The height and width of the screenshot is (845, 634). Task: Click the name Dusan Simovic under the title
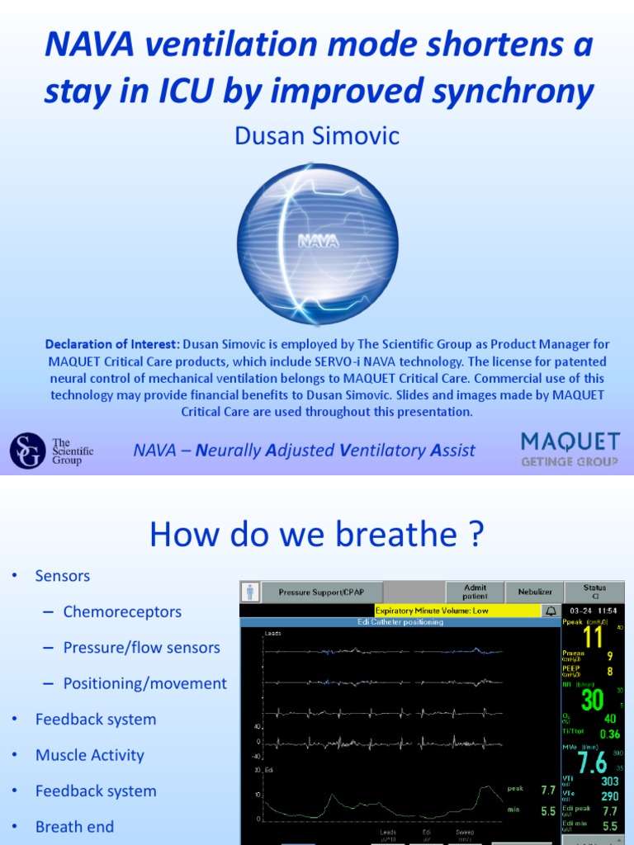[x=317, y=136]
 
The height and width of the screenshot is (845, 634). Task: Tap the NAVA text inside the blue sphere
[x=318, y=242]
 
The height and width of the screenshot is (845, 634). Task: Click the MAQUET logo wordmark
[x=570, y=442]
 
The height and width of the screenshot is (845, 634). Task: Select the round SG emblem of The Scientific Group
[x=27, y=451]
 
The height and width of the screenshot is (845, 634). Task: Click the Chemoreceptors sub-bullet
[x=122, y=611]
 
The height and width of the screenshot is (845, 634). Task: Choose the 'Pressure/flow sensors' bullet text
[x=141, y=648]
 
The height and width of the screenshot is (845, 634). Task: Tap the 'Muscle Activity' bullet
[x=89, y=755]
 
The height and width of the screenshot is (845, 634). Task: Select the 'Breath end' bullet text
[x=74, y=826]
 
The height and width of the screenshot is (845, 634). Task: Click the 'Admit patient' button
[x=475, y=592]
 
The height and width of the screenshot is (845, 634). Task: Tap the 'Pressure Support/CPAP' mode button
[x=320, y=592]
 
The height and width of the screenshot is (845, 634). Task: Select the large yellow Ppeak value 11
[x=593, y=638]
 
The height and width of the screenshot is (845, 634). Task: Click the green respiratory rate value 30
[x=593, y=700]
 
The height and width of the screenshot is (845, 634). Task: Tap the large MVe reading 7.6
[x=593, y=761]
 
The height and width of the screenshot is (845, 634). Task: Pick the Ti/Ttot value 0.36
[x=609, y=734]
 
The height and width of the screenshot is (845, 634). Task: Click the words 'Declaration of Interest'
[x=112, y=343]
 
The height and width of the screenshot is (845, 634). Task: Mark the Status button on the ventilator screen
[x=594, y=592]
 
